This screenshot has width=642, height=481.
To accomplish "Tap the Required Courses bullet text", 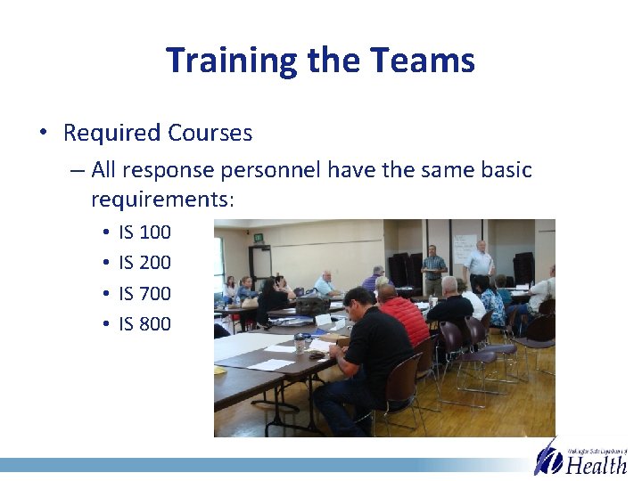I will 158,134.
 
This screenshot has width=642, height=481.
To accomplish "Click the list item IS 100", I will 144,232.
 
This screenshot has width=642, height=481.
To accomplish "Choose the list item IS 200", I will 144,263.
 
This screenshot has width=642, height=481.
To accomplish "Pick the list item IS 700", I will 144,293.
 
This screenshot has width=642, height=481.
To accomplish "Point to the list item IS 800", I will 144,323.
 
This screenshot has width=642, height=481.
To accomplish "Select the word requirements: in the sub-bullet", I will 162,200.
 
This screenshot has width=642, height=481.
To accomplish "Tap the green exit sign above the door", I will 257,237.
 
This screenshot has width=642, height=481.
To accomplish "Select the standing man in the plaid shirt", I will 433,265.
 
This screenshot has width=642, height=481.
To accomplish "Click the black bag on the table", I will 312,306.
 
